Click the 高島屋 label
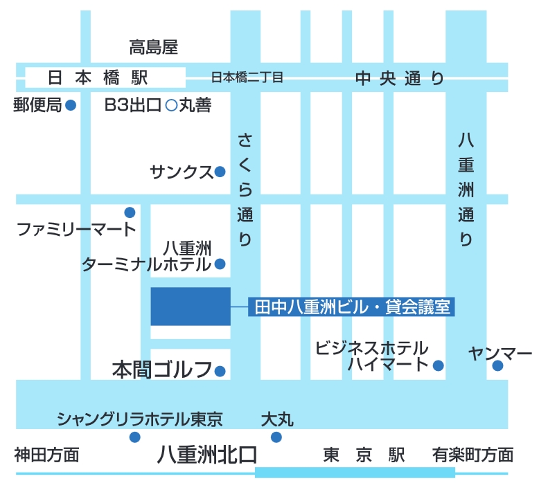tap(154, 48)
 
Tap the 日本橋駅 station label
tap(98, 78)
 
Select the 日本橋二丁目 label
tap(247, 78)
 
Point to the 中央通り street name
tap(400, 78)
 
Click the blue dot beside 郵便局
tap(70, 106)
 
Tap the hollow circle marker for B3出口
tap(171, 106)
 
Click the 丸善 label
tap(195, 106)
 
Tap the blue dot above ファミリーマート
tap(130, 212)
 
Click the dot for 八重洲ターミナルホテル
tap(220, 264)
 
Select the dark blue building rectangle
tap(191, 306)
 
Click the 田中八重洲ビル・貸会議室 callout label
tap(352, 307)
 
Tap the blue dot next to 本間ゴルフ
tap(220, 371)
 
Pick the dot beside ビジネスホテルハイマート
tap(438, 365)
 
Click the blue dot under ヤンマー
tap(497, 366)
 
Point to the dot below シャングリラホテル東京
tap(135, 437)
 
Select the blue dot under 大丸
tap(276, 437)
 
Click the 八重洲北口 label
tap(207, 455)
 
